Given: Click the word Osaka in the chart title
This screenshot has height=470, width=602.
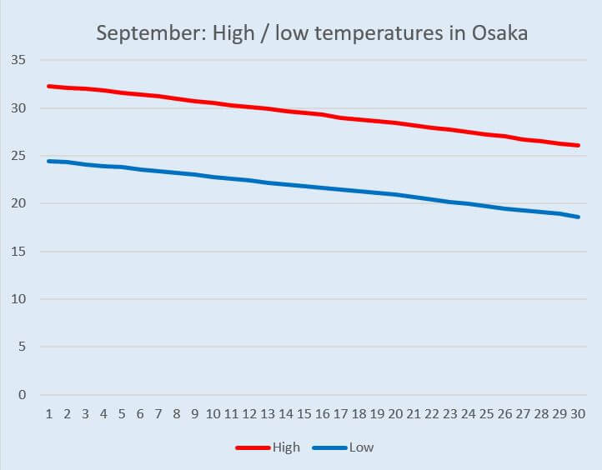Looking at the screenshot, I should pos(498,33).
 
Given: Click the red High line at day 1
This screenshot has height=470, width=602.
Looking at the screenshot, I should pos(49,86).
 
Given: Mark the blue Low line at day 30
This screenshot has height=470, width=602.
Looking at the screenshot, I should pos(578,217).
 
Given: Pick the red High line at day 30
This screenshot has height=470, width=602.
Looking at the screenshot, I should pos(578,145).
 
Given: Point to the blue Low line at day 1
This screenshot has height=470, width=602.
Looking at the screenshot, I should pos(49,161).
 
